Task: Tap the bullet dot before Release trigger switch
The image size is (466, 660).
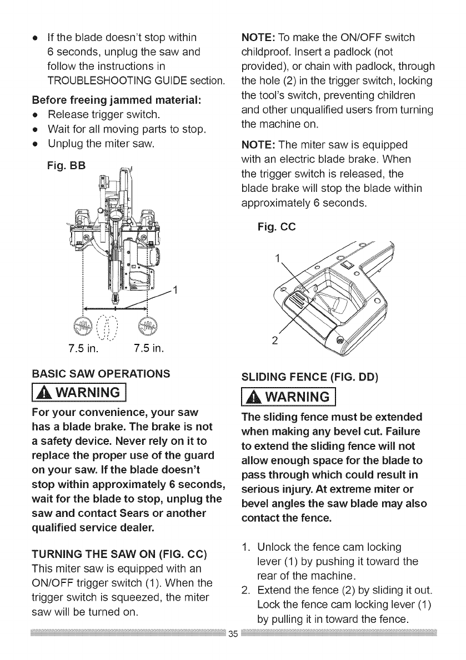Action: click(x=36, y=116)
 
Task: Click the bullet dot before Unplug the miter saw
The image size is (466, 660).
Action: click(x=36, y=145)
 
